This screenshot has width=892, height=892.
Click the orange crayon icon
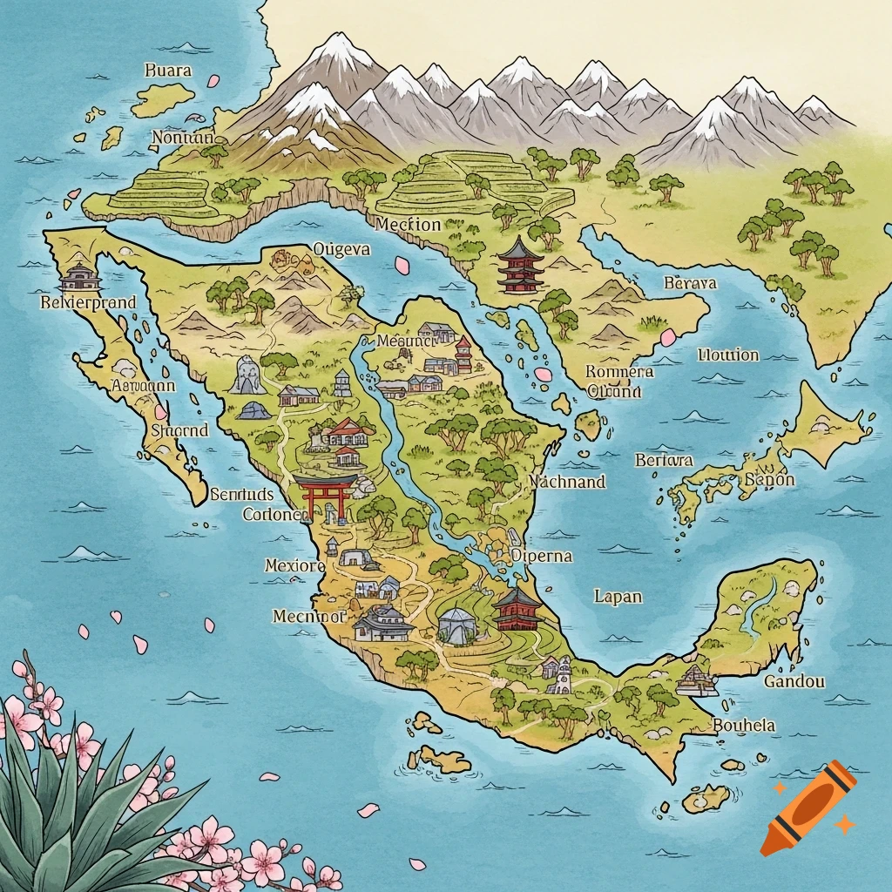coord(807,807)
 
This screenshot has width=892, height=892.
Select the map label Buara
coord(168,71)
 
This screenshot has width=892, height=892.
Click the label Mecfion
coord(409,224)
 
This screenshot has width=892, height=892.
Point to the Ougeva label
coord(341,250)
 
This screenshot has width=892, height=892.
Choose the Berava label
coord(690,283)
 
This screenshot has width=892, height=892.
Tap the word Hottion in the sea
coord(728,355)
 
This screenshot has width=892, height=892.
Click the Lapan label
coord(618,597)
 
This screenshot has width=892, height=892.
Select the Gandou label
coord(794,681)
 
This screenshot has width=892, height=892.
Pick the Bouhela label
coord(744,725)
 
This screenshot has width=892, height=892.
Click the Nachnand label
coord(567,481)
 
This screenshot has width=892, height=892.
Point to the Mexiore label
coord(294,566)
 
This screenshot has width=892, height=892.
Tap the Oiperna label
coord(542,556)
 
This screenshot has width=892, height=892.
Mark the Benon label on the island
coord(769,480)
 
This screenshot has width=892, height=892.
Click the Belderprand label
coord(88,303)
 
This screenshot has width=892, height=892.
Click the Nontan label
coord(182,137)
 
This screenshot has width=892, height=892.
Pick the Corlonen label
coord(275,514)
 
